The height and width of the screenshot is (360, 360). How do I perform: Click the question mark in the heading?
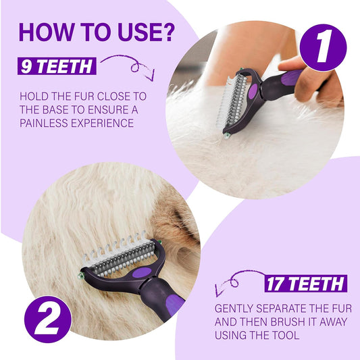point(166,32)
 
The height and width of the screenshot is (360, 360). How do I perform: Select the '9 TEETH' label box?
point(57,66)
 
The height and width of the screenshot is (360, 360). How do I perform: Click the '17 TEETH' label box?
point(306,284)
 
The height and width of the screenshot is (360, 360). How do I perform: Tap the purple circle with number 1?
point(323,47)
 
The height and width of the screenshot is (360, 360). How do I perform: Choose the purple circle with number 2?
point(47,319)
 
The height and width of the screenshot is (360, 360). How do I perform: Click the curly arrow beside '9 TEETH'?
point(132,63)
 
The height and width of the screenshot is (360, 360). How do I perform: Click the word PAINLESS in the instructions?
point(44,123)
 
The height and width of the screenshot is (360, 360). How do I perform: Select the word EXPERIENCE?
point(103,123)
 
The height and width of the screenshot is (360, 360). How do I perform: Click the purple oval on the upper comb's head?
point(253,91)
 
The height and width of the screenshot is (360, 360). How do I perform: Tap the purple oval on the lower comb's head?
point(142,272)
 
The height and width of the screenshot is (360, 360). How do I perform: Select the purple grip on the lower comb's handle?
point(174,304)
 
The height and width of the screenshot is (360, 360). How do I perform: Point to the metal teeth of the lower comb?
point(122,259)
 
